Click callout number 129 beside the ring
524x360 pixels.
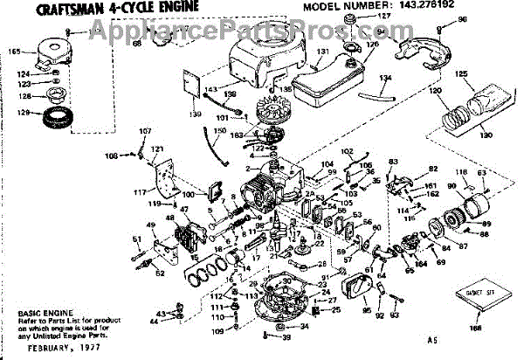pyautogui.click(x=26, y=111)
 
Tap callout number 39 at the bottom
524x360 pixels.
pyautogui.click(x=287, y=337)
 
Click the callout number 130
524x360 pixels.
pyautogui.click(x=486, y=136)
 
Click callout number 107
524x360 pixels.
pyautogui.click(x=146, y=133)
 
